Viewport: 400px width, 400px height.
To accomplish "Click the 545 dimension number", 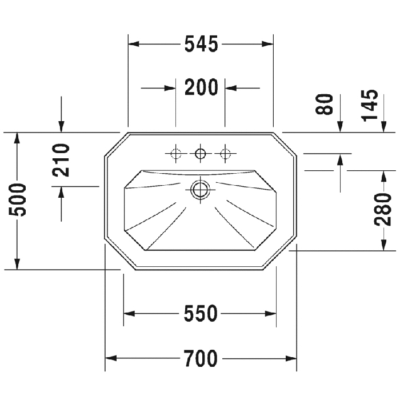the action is pos(201,44).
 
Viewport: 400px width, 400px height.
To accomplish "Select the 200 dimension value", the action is pos(201,87).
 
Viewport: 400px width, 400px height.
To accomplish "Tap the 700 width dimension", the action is pos(201,358).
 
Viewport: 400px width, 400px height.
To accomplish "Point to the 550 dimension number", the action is pos(201,313).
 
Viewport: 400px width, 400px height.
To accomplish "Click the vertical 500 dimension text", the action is pos(17,200).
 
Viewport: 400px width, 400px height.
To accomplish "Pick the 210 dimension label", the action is pos(61,160).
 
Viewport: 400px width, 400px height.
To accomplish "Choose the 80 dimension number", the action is pos(324,104).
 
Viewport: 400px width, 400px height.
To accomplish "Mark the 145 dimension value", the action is pos(369,105).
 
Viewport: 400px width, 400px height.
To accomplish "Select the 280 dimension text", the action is pos(382,210).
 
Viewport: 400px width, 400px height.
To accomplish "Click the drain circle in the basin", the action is pos(200,190).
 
